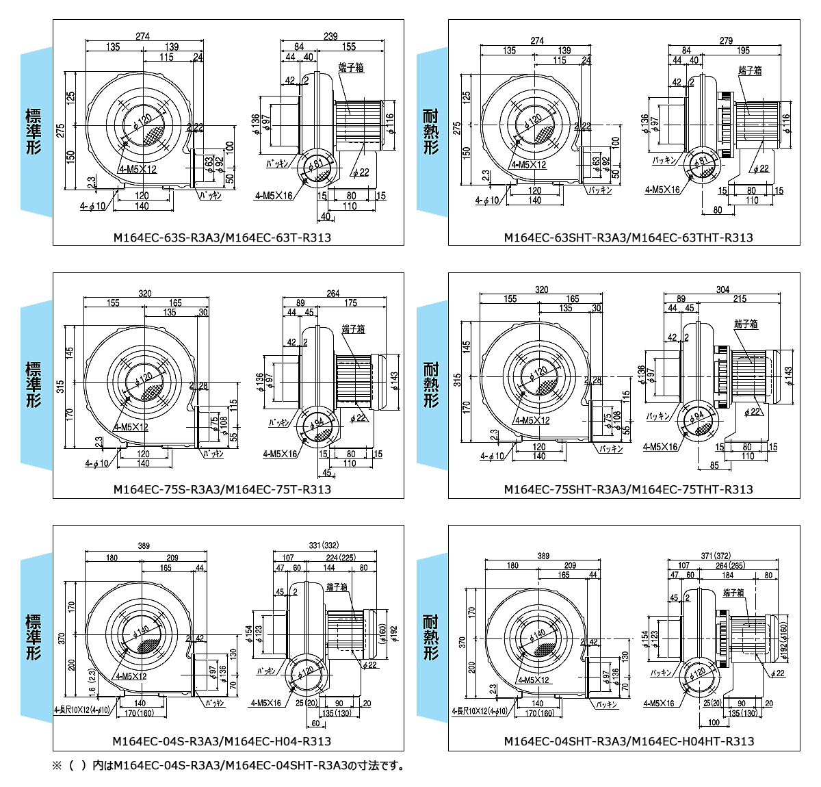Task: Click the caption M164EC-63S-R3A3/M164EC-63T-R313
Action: pyautogui.click(x=222, y=237)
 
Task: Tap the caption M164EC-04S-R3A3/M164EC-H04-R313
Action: pyautogui.click(x=222, y=741)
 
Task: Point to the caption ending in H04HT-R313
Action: pyautogui.click(x=629, y=741)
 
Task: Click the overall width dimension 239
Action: pyautogui.click(x=330, y=36)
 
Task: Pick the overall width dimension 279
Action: pyautogui.click(x=726, y=40)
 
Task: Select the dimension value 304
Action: pyautogui.click(x=722, y=289)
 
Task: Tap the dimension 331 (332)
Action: pyautogui.click(x=324, y=545)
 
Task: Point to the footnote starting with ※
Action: pyautogui.click(x=229, y=766)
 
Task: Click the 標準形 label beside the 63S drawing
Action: pyautogui.click(x=34, y=131)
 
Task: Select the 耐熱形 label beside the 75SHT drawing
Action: pyautogui.click(x=431, y=384)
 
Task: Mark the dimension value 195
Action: pyautogui.click(x=743, y=50)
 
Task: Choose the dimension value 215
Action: pyautogui.click(x=740, y=299)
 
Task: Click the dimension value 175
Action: pyautogui.click(x=350, y=303)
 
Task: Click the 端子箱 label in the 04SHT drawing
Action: pyautogui.click(x=732, y=593)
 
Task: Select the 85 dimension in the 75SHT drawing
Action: pyautogui.click(x=714, y=465)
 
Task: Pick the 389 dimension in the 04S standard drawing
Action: pyautogui.click(x=144, y=546)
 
